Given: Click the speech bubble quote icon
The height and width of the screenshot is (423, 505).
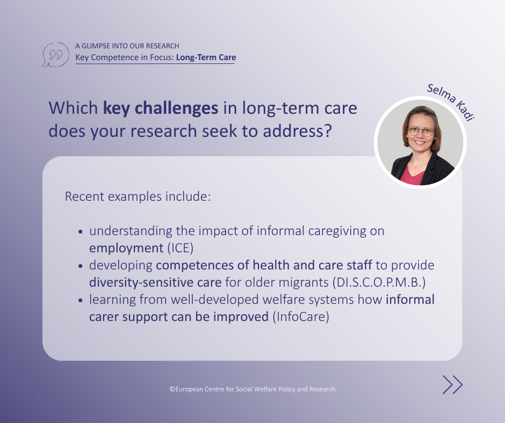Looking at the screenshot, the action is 55,55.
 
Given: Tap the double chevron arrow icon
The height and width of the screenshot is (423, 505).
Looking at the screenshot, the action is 452,385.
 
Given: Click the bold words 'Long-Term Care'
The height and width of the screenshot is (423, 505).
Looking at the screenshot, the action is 206,57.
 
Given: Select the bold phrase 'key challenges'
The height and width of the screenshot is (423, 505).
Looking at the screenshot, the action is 161,108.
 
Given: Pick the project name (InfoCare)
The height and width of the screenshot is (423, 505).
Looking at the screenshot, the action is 301,317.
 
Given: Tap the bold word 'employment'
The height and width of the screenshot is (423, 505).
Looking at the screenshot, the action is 126,249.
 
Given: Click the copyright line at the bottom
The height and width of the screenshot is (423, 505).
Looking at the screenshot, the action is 252,389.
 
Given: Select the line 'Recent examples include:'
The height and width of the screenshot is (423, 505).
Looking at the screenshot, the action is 138,196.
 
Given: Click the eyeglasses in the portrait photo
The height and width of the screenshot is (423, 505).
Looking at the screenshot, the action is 421,132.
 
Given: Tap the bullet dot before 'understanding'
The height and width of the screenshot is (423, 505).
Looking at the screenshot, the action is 81,231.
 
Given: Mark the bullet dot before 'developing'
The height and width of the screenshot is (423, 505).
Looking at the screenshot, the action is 81,266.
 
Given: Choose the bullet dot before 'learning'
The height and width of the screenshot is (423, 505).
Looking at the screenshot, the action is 81,300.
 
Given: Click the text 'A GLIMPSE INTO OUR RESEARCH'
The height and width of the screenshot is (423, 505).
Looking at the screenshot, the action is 127,46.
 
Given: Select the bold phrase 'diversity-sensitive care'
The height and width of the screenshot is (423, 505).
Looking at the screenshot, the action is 155,282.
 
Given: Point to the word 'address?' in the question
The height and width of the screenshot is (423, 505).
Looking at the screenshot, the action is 297,131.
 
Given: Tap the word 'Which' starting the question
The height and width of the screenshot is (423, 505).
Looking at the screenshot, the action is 73,108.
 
